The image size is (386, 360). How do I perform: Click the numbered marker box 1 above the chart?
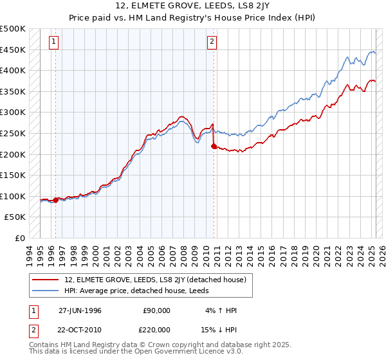pyautogui.click(x=53, y=43)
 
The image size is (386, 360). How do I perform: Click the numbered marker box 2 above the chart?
pyautogui.click(x=212, y=43)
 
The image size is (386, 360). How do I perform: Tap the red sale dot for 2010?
pyautogui.click(x=214, y=147)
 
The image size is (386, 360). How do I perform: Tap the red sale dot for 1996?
pyautogui.click(x=56, y=200)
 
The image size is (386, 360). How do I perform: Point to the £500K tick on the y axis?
pyautogui.click(x=14, y=29)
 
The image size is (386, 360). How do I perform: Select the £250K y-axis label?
pyautogui.click(x=14, y=133)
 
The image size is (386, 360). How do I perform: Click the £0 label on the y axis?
pyautogui.click(x=21, y=238)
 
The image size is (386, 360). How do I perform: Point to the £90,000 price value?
pyautogui.click(x=156, y=310)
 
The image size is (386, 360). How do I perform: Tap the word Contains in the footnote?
pyautogui.click(x=46, y=345)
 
